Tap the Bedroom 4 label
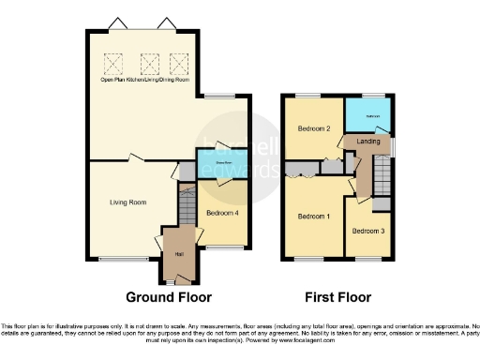[221, 212]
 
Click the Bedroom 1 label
[312, 216]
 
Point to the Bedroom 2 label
[312, 127]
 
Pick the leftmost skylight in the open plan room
[113, 63]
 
